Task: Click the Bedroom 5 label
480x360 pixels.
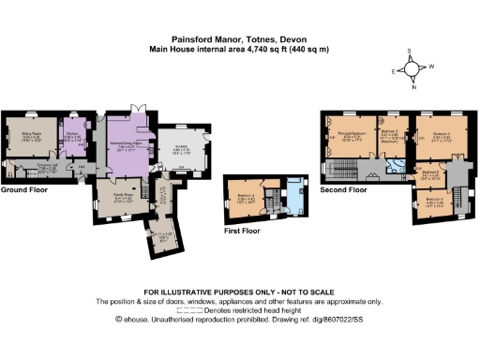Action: [432, 200]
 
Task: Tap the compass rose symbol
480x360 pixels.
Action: [410, 69]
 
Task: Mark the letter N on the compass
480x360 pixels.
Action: [410, 89]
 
